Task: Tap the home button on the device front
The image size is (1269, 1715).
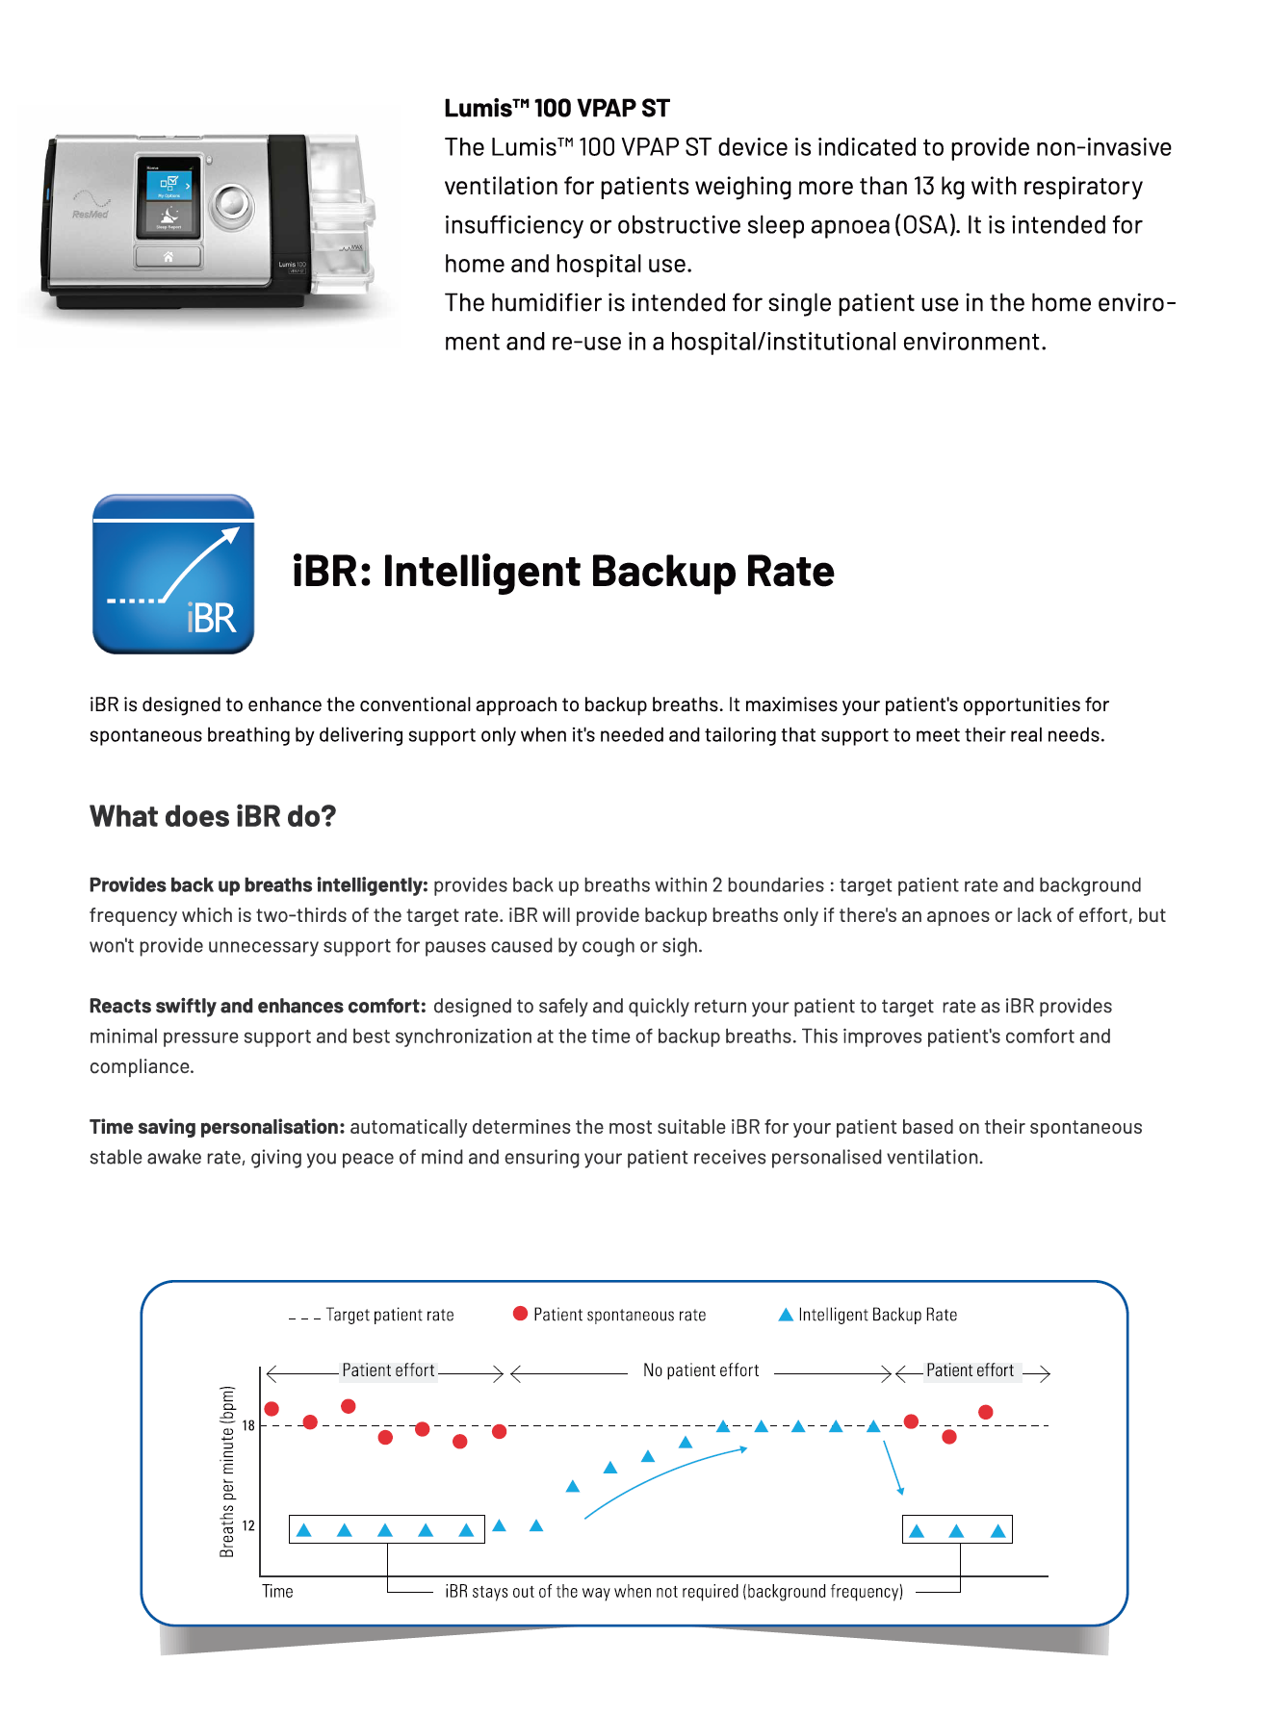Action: (x=168, y=256)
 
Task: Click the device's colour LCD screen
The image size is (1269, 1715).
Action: (x=168, y=197)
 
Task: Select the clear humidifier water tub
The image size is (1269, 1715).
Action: (x=341, y=217)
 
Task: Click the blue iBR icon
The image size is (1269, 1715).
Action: (x=173, y=575)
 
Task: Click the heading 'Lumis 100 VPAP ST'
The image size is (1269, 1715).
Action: (x=557, y=109)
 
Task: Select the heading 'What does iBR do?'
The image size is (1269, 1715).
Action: (x=213, y=816)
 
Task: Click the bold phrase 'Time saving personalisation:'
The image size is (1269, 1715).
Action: (x=217, y=1127)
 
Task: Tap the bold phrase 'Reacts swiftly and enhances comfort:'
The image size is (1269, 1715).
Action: (x=257, y=1006)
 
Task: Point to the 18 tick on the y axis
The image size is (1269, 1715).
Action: (x=248, y=1425)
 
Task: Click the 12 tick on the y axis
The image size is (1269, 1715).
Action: (x=248, y=1525)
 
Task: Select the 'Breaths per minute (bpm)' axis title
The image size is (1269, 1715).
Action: (x=227, y=1471)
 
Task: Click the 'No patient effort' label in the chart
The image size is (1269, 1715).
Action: (x=701, y=1370)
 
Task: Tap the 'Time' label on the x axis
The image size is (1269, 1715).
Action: (x=277, y=1591)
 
